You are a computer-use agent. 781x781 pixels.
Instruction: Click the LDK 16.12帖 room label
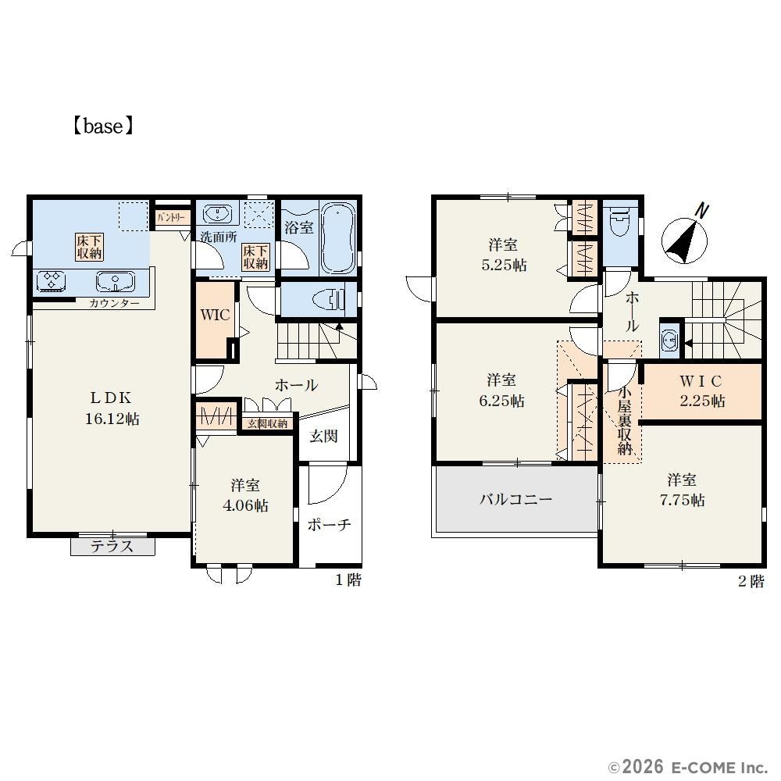point(112,408)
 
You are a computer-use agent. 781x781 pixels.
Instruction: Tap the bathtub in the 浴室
point(337,238)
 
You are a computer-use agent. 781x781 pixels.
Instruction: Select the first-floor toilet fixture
point(329,300)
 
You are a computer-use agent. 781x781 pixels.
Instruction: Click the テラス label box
point(112,547)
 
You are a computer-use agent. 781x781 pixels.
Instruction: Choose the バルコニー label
point(516,499)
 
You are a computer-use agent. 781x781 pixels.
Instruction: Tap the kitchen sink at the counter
point(116,282)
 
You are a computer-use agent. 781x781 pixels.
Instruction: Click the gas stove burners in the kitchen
point(52,280)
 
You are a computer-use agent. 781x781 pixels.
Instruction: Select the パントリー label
point(171,218)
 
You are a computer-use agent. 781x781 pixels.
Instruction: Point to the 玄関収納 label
point(267,423)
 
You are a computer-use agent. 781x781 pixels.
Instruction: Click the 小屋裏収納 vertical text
point(625,420)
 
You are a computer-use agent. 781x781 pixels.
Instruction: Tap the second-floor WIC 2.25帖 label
point(702,391)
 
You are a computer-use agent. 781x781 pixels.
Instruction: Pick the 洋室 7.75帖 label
point(682,490)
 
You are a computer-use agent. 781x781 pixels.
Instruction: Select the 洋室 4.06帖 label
point(245,496)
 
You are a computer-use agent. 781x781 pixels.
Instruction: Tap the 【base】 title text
point(103,126)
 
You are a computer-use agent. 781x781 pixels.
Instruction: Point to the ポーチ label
point(329,525)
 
